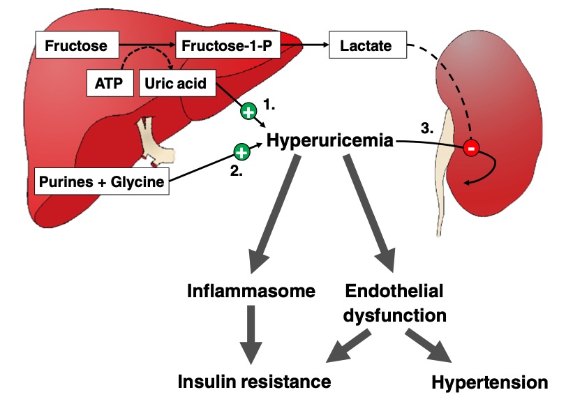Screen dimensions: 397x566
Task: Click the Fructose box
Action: pyautogui.click(x=76, y=47)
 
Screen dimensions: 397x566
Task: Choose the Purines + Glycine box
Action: pyautogui.click(x=102, y=182)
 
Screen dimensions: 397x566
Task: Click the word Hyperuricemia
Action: pyautogui.click(x=332, y=142)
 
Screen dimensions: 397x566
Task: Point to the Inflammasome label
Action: pyautogui.click(x=251, y=291)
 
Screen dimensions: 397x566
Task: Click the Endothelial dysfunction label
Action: pyautogui.click(x=394, y=303)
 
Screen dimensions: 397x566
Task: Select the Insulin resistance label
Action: pyautogui.click(x=253, y=382)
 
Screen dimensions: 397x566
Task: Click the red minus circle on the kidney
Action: pyautogui.click(x=471, y=148)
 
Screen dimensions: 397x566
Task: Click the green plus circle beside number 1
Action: pyautogui.click(x=248, y=110)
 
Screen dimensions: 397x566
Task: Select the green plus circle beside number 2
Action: pyautogui.click(x=241, y=151)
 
